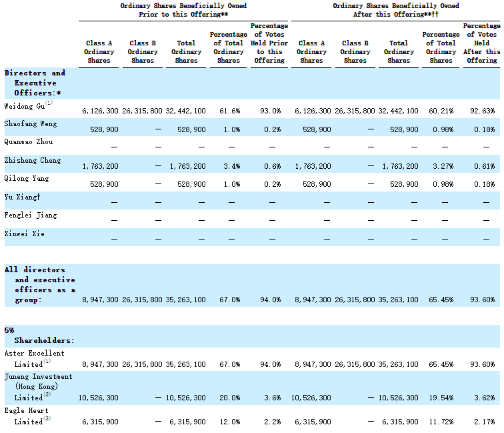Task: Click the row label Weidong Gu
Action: tap(25, 107)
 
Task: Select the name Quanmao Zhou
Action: tap(29, 142)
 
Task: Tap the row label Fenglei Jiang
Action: tap(31, 215)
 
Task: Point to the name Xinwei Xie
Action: tap(25, 234)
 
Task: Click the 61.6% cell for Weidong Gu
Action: tap(230, 111)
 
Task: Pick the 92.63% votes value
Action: tap(483, 111)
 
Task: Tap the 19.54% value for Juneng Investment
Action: tap(441, 398)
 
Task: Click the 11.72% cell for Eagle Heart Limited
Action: tap(441, 422)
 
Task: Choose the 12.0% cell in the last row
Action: tap(230, 422)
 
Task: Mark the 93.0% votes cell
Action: tap(270, 111)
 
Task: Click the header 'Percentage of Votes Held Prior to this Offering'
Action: tap(269, 43)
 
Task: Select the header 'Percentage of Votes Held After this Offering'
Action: tap(482, 43)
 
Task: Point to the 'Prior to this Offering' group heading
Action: tap(183, 10)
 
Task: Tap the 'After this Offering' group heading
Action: tap(396, 10)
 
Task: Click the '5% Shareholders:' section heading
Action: tap(39, 336)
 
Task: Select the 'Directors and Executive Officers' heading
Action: tap(35, 83)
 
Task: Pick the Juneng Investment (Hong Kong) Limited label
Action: tap(39, 388)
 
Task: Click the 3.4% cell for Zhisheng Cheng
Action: tap(232, 166)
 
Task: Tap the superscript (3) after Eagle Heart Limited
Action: tap(47, 418)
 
